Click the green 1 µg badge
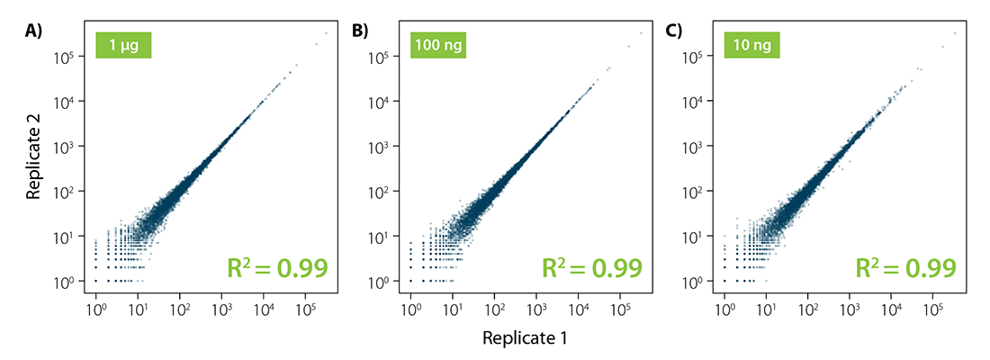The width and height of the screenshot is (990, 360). (x=123, y=44)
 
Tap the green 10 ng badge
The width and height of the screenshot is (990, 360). (x=752, y=44)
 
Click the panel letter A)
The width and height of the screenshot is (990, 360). (x=32, y=31)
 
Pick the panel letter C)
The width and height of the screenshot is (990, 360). (x=673, y=31)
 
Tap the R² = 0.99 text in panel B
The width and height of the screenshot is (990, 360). (x=590, y=268)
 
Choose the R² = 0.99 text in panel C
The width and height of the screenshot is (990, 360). (x=904, y=268)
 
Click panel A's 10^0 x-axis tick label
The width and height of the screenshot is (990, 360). (x=95, y=309)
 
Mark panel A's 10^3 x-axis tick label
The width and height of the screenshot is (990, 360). (x=221, y=309)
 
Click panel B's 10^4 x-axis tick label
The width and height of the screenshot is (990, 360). (x=578, y=309)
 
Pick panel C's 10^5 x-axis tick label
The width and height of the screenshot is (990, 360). (x=933, y=309)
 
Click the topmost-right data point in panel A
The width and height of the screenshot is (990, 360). (x=325, y=33)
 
